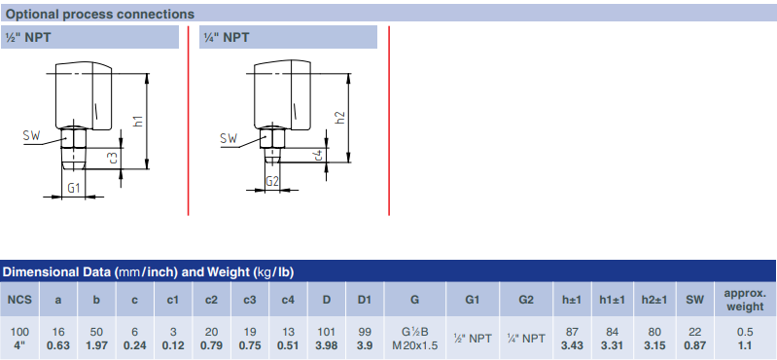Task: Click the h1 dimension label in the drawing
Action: tap(139, 121)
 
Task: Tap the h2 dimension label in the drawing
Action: tap(340, 117)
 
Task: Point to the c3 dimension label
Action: tap(113, 158)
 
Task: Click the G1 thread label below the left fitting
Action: tap(74, 188)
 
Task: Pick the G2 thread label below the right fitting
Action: tap(272, 181)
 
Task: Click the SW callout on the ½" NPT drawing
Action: tap(31, 135)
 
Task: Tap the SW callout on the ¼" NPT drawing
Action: tap(229, 138)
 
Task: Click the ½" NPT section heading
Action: tap(28, 37)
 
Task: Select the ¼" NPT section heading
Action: tap(227, 37)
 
